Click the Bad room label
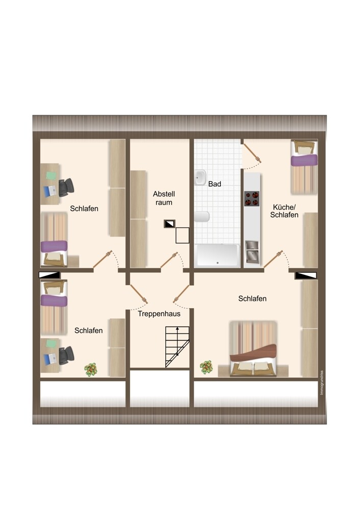(215, 184)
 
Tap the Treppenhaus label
(159, 314)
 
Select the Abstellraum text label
(164, 198)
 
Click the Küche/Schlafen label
(284, 211)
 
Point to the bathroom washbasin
(200, 177)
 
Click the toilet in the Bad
(202, 217)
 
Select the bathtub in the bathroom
(217, 256)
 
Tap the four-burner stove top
(252, 199)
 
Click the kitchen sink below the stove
(252, 251)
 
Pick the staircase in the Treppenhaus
(177, 347)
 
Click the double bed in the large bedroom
(253, 349)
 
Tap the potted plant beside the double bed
(206, 367)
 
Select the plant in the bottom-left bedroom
(91, 369)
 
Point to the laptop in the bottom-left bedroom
(50, 359)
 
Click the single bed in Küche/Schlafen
(304, 167)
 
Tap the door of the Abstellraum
(169, 260)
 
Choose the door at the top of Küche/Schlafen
(253, 153)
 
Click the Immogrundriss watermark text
(322, 383)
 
